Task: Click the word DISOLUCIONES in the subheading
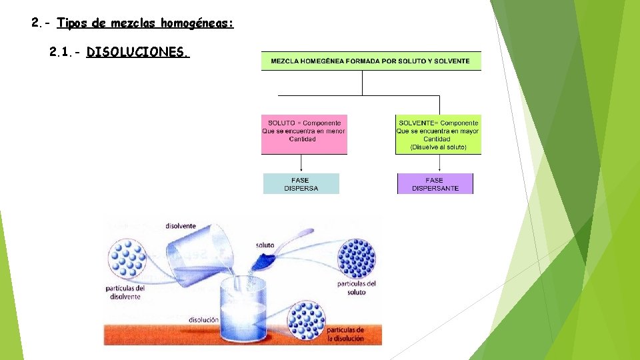(138, 52)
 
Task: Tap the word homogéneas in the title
(197, 23)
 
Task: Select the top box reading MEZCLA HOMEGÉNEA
(371, 61)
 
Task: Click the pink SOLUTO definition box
(304, 135)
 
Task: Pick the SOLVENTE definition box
(438, 135)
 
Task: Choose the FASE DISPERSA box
(301, 184)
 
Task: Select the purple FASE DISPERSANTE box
(435, 184)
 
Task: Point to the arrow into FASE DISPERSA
(301, 164)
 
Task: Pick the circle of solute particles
(357, 258)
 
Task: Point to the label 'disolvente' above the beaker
(180, 225)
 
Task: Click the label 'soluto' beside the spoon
(265, 245)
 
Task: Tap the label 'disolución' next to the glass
(203, 320)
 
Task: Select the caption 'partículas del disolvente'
(125, 293)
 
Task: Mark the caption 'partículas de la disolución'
(345, 334)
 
